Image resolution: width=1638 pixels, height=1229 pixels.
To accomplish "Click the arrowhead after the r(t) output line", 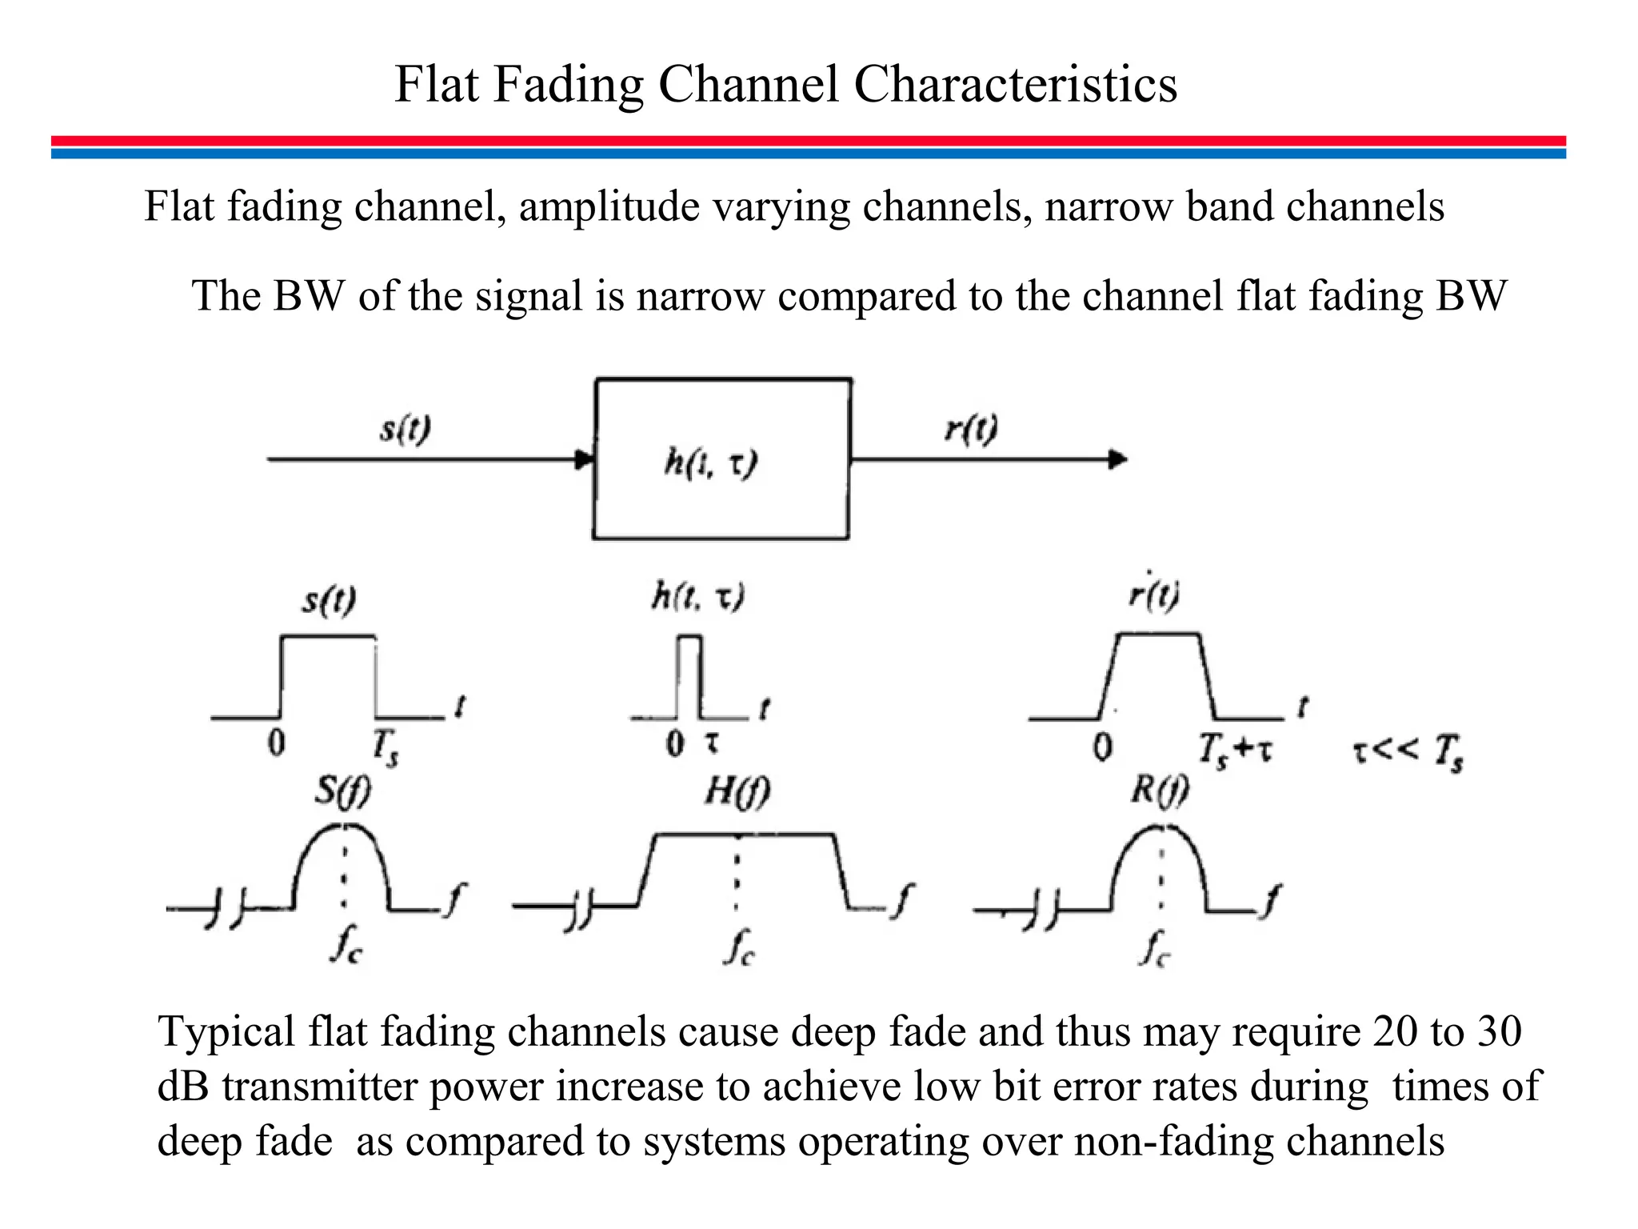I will pyautogui.click(x=1117, y=459).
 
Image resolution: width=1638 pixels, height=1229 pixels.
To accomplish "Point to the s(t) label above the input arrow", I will pyautogui.click(x=405, y=430).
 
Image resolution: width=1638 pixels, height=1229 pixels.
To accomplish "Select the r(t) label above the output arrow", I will pyautogui.click(x=971, y=430).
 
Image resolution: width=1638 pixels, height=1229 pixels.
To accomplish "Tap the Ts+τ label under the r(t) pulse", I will pyautogui.click(x=1235, y=750).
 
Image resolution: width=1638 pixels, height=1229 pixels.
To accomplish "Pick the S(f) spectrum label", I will pyautogui.click(x=342, y=791).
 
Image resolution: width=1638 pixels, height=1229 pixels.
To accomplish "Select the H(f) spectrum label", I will pyautogui.click(x=737, y=792).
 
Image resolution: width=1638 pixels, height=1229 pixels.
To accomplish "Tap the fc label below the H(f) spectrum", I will pyautogui.click(x=739, y=948).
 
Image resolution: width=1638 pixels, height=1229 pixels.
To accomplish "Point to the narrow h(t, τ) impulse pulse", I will pyautogui.click(x=689, y=676).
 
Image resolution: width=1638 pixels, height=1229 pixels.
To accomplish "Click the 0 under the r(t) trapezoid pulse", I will pyautogui.click(x=1102, y=747).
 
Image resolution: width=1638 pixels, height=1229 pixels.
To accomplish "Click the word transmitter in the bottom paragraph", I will pyautogui.click(x=322, y=1086).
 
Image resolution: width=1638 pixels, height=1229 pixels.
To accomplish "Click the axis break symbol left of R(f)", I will pyautogui.click(x=1039, y=911).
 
